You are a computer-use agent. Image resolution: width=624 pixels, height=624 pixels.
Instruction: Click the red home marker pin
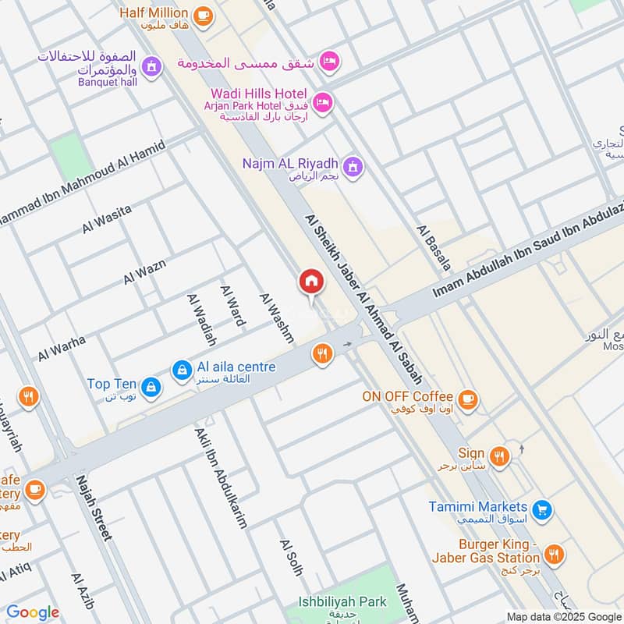[x=311, y=282]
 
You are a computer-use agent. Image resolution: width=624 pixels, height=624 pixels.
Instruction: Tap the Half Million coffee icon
[x=202, y=15]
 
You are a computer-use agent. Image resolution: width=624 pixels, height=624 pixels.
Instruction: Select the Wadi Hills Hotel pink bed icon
[x=324, y=101]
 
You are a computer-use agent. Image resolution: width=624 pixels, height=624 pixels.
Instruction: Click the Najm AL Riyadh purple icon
[x=354, y=166]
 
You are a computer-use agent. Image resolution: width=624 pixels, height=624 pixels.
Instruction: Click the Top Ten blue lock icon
[x=151, y=385]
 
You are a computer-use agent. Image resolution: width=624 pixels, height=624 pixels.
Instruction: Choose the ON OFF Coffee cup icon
[x=467, y=399]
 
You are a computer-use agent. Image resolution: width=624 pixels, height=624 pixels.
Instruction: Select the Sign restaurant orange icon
[x=500, y=455]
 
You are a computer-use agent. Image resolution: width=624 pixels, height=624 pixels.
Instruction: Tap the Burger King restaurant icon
[x=555, y=555]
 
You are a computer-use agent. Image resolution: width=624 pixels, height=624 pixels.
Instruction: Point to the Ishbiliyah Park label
[x=342, y=603]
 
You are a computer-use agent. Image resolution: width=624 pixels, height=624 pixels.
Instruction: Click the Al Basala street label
[x=434, y=249]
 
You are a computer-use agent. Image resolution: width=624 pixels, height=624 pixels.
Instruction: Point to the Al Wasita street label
[x=107, y=218]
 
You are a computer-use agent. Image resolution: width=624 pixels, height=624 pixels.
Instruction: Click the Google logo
[x=33, y=612]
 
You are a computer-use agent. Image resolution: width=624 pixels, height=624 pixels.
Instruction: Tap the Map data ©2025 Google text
[x=562, y=615]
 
